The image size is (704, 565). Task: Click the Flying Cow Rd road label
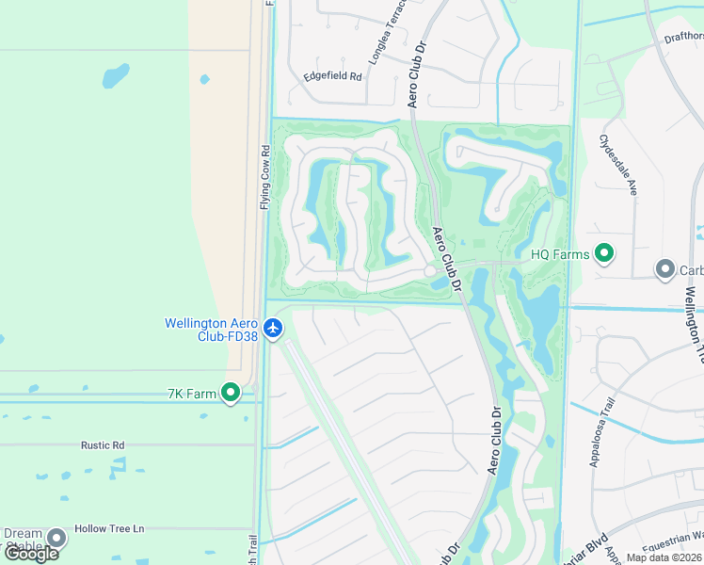coord(265,177)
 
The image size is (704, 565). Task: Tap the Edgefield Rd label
coord(332,76)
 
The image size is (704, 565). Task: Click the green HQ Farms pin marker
coord(605,253)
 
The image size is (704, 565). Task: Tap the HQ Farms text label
coord(560,254)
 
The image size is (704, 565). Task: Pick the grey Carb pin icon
coord(665,270)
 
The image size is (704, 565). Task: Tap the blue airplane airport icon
coord(273,329)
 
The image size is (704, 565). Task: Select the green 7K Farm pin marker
coord(231,393)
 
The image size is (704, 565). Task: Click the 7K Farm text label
coord(193,393)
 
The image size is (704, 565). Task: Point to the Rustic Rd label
coord(103,445)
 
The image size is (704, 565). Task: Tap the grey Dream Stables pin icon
coord(56,538)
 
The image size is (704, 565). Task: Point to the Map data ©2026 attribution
coord(664,557)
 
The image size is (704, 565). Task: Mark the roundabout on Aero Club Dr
coord(430,271)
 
